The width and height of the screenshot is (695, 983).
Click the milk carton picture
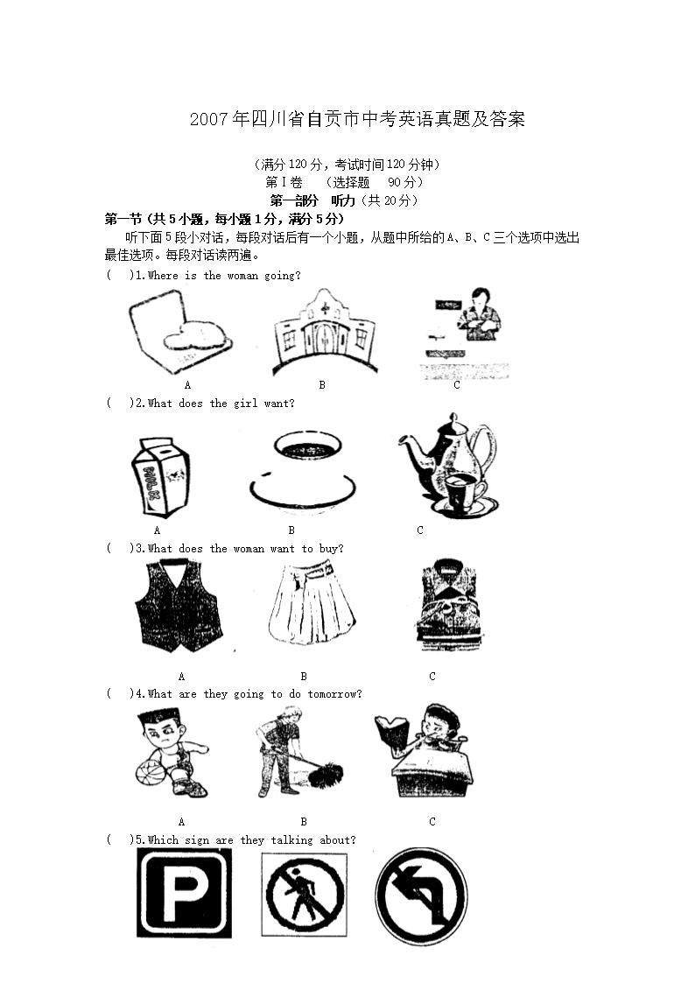pos(160,477)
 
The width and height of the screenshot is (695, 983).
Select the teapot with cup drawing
pos(448,465)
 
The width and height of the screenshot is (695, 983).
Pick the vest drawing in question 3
pos(179,605)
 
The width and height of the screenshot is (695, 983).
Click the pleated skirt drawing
pos(312,604)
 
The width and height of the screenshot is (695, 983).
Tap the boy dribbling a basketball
pos(172,752)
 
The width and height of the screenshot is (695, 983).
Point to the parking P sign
pos(184,893)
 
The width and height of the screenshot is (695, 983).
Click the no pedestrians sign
pos(305,894)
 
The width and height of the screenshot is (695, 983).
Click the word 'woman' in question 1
pos(242,275)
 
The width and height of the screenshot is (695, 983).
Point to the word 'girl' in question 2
pos(246,404)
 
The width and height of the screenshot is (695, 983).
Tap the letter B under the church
pos(322,385)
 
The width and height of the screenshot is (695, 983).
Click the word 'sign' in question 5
pos(197,840)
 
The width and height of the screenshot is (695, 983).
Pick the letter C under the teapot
pos(420,530)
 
